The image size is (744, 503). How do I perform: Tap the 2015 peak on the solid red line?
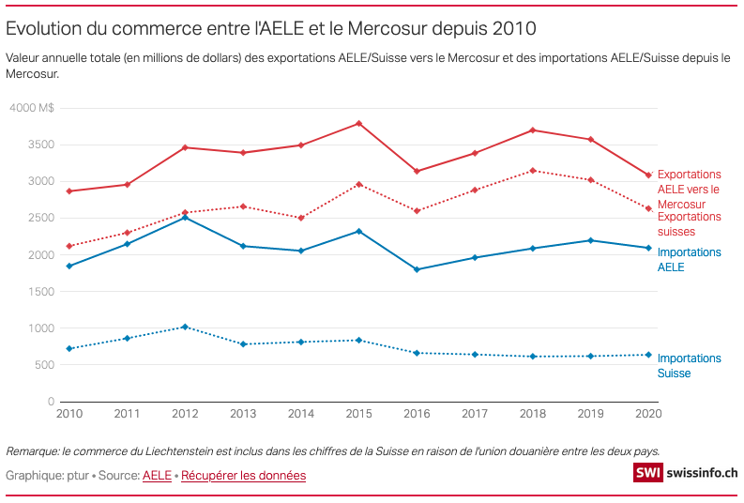tap(359, 123)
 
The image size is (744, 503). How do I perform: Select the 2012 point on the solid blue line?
tap(185, 217)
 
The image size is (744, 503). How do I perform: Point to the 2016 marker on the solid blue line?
tap(417, 269)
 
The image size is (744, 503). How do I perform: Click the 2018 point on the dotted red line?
tap(533, 171)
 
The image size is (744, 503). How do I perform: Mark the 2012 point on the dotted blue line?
tap(185, 327)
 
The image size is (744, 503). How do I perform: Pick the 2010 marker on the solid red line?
tap(69, 191)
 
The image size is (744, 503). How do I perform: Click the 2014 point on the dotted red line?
tap(301, 218)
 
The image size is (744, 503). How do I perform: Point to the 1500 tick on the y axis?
tap(41, 292)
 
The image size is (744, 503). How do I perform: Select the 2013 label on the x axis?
tap(243, 414)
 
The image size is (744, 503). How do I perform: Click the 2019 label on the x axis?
tap(590, 414)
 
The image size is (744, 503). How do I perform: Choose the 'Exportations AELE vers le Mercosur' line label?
tap(689, 189)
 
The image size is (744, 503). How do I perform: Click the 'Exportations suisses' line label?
tap(689, 223)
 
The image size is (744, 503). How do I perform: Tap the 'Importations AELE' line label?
tap(689, 259)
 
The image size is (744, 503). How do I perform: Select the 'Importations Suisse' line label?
tap(689, 366)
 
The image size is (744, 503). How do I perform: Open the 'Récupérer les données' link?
tap(243, 476)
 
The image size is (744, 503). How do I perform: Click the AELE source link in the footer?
tap(157, 476)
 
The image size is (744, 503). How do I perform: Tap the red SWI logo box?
tap(647, 474)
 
